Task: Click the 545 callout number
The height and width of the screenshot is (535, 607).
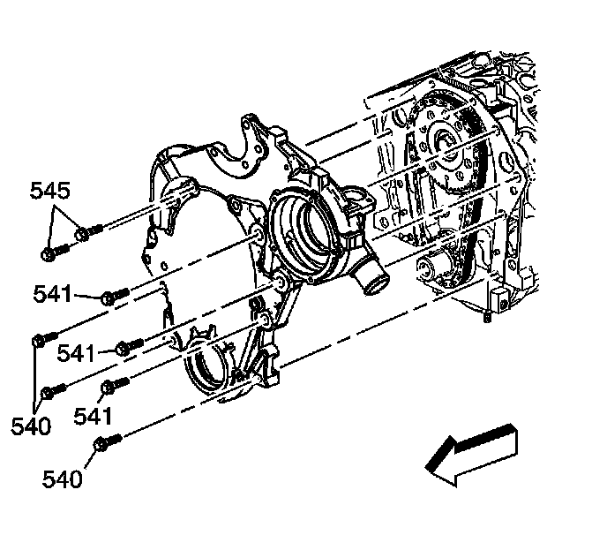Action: click(x=50, y=190)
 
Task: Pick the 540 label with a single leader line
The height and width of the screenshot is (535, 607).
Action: click(x=62, y=479)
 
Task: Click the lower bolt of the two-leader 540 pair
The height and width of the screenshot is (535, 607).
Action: click(x=53, y=388)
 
